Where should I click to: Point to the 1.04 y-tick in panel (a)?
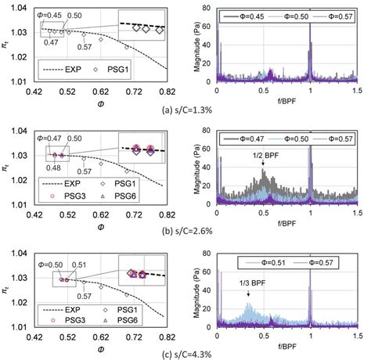22,9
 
